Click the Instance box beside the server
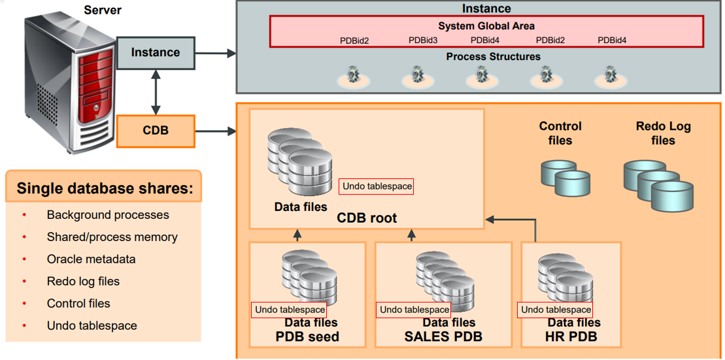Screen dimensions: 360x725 pyautogui.click(x=156, y=53)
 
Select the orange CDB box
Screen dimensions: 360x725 pyautogui.click(x=156, y=131)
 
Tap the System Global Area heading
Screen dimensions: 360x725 pyautogui.click(x=486, y=26)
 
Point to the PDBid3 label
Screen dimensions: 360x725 pyautogui.click(x=423, y=41)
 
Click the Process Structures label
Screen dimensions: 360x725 pyautogui.click(x=493, y=57)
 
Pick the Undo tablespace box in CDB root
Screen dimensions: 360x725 pyautogui.click(x=377, y=187)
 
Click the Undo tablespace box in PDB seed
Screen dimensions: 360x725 pyautogui.click(x=290, y=310)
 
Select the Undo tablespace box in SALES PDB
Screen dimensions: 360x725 pyautogui.click(x=414, y=310)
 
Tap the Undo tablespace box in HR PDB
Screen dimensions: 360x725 pyautogui.click(x=555, y=310)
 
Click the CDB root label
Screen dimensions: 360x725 pyautogui.click(x=367, y=218)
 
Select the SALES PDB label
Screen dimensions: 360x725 pyautogui.click(x=443, y=337)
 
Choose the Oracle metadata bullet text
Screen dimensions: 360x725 pyautogui.click(x=91, y=259)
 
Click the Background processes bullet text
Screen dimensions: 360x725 pyautogui.click(x=108, y=215)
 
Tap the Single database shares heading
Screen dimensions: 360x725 pyautogui.click(x=105, y=189)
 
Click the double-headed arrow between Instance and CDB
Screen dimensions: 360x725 pyautogui.click(x=156, y=91)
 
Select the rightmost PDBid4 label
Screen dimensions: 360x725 pyautogui.click(x=612, y=41)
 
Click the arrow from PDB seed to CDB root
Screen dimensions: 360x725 pyautogui.click(x=297, y=235)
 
